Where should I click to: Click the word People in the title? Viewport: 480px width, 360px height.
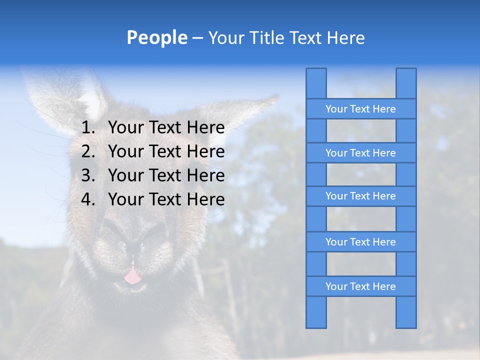[156, 38]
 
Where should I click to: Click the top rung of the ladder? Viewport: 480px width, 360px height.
[360, 109]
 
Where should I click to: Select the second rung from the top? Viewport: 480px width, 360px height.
[360, 153]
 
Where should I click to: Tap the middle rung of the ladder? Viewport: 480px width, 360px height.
[360, 196]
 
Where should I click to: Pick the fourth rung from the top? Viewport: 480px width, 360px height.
[360, 242]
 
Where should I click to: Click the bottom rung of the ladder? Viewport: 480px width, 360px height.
[360, 286]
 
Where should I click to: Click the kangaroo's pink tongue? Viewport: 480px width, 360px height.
[132, 275]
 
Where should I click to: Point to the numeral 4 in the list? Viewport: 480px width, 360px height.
[87, 199]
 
